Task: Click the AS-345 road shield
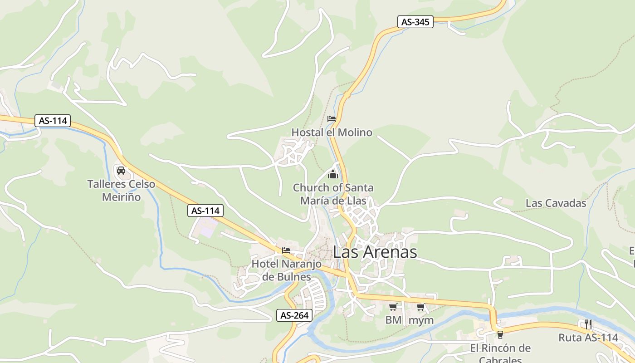tap(415, 22)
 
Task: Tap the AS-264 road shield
tap(294, 315)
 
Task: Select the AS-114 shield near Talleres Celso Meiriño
tap(205, 211)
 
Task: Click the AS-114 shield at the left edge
tap(53, 121)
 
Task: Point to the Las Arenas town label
tap(375, 252)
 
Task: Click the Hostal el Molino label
tap(332, 132)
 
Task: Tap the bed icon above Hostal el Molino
tap(332, 119)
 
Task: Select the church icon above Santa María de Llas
tap(333, 174)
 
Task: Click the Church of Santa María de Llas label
tap(333, 194)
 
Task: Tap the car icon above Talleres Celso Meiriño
tap(121, 171)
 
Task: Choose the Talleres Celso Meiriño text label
tap(121, 191)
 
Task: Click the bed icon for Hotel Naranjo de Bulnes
tap(286, 250)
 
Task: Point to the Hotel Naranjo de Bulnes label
tap(287, 270)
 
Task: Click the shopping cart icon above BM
tap(393, 307)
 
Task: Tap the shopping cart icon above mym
tap(421, 307)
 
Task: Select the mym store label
tap(421, 320)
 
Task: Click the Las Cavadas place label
tap(556, 203)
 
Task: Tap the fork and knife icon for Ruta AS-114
tap(588, 324)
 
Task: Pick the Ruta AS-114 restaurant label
tap(588, 338)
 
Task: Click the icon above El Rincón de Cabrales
tap(500, 335)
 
